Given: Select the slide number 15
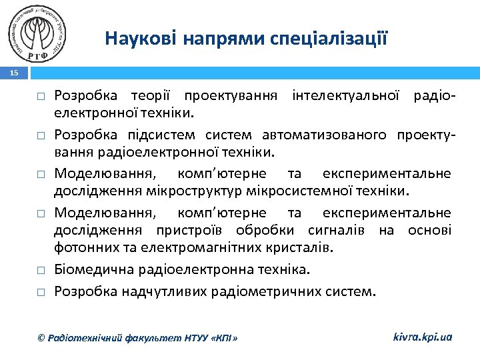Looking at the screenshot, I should [x=15, y=74].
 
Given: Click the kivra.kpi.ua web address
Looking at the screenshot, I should [x=423, y=337].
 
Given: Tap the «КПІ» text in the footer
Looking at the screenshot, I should [x=224, y=338].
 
